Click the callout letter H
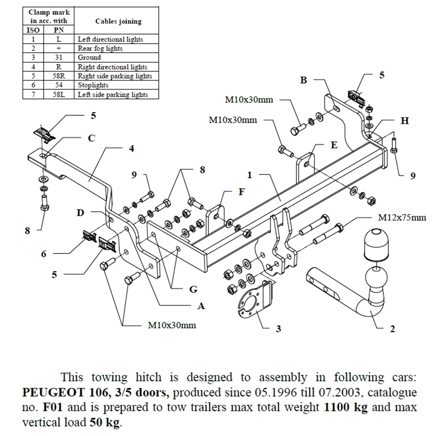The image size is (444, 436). click(x=404, y=121)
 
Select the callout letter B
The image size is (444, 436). click(x=304, y=80)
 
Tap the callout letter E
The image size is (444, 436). click(x=334, y=145)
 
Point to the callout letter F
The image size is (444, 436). click(x=242, y=192)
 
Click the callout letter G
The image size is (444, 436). click(x=193, y=289)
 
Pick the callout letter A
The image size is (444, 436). click(x=201, y=305)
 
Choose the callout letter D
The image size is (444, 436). click(x=80, y=213)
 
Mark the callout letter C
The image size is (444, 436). click(x=91, y=138)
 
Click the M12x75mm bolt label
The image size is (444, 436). click(x=402, y=218)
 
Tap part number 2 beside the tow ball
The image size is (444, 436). click(x=392, y=329)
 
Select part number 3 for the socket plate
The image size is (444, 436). click(x=278, y=329)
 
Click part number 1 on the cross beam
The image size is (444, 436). click(x=250, y=175)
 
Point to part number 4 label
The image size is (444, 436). click(x=131, y=148)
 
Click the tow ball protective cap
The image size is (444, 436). click(x=376, y=245)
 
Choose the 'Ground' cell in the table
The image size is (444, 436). click(x=89, y=58)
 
